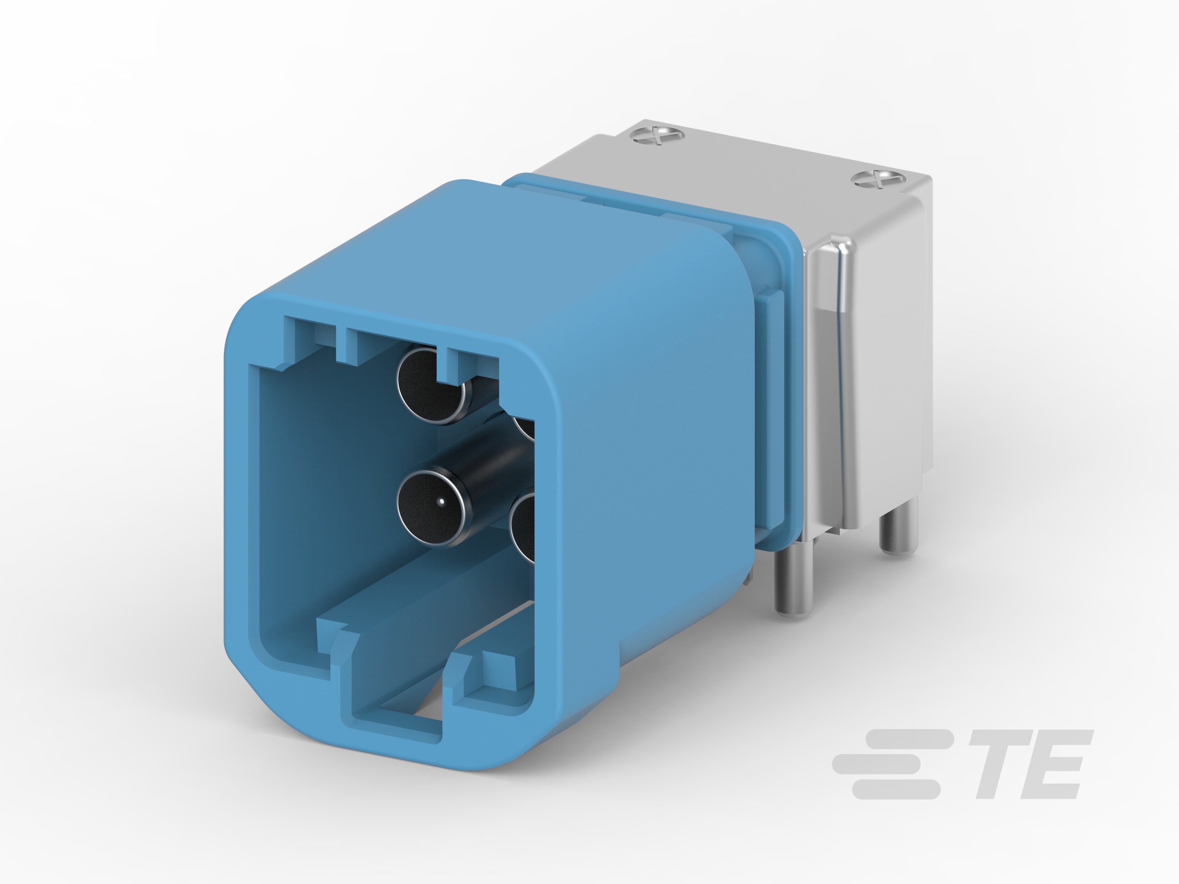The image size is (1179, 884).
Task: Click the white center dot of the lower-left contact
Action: tap(441, 501)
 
